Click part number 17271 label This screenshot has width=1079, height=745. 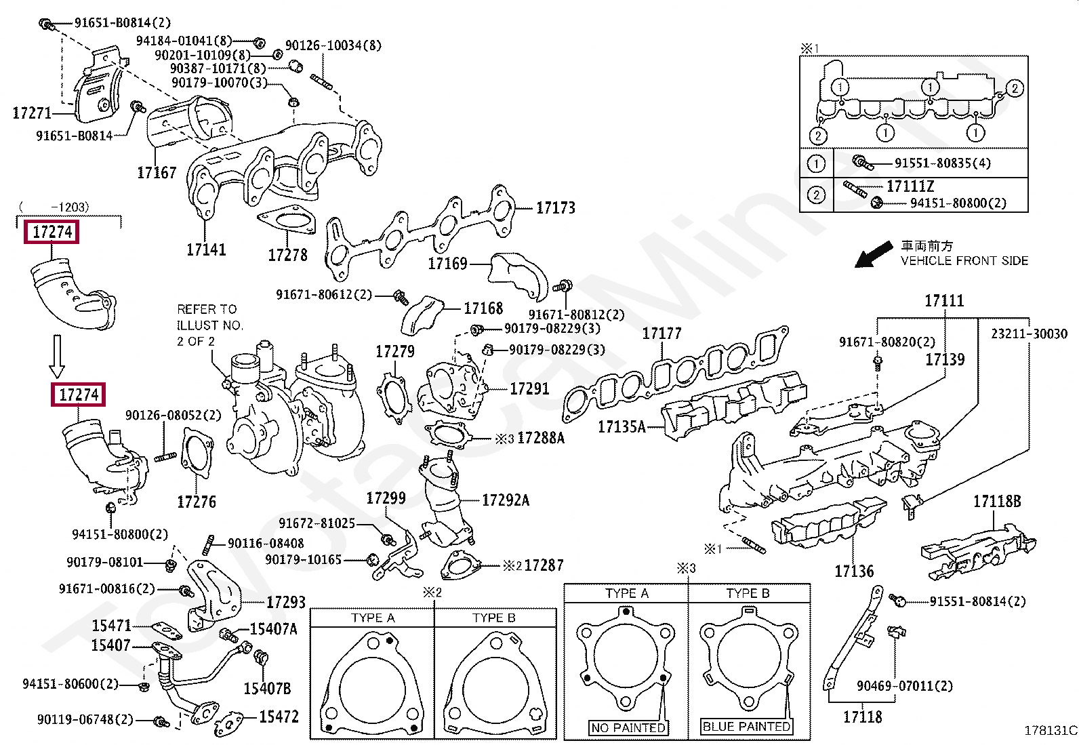tap(32, 113)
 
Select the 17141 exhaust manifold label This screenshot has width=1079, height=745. tap(206, 250)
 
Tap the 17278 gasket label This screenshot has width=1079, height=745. tap(287, 256)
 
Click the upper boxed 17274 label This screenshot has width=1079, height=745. tap(52, 232)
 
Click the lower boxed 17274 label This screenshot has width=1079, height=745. tap(79, 395)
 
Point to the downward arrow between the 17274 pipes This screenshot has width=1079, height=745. tap(57, 357)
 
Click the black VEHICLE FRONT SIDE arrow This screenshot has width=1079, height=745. tap(874, 255)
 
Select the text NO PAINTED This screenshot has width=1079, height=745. tap(628, 727)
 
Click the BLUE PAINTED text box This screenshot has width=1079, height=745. tap(746, 727)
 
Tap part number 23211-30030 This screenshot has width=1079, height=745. tap(1029, 334)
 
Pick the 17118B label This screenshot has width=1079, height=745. tap(996, 502)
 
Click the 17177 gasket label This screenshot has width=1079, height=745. tap(661, 334)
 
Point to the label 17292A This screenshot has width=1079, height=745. tap(505, 500)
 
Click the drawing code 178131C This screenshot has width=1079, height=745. tap(1050, 730)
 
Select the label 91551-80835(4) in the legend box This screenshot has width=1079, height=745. tap(942, 163)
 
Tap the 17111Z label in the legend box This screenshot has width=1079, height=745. tap(910, 186)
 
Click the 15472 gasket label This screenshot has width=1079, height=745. tap(279, 717)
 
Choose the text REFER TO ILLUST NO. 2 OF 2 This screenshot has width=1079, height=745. tap(209, 325)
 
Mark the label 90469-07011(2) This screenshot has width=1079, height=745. tap(904, 686)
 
